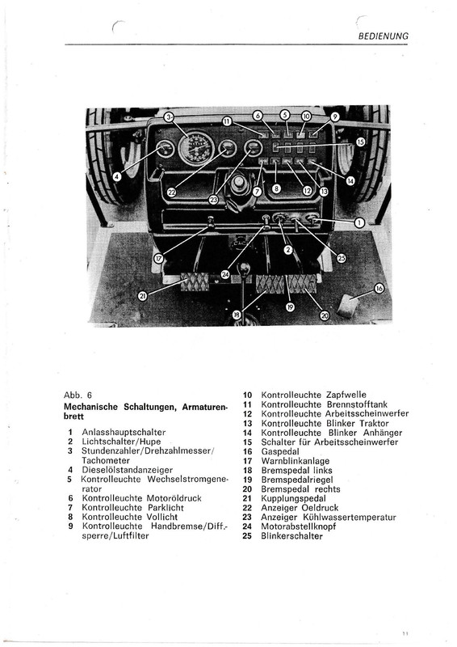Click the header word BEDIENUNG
tap(384, 36)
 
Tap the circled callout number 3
tap(169, 117)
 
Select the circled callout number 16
tap(379, 288)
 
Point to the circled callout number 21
tap(143, 296)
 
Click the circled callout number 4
tap(117, 176)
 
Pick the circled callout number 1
tap(359, 223)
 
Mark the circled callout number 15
tap(361, 142)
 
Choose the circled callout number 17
tap(158, 258)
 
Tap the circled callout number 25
tap(342, 258)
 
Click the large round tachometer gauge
tap(196, 149)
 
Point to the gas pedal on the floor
tap(347, 307)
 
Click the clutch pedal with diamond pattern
tap(195, 281)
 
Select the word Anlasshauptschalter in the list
tap(124, 432)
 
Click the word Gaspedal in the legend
tap(280, 451)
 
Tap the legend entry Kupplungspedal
tap(293, 498)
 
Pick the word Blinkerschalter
tap(291, 536)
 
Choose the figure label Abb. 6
tap(78, 395)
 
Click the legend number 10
tap(247, 395)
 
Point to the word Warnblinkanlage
tap(296, 460)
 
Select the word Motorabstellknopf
tap(299, 526)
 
